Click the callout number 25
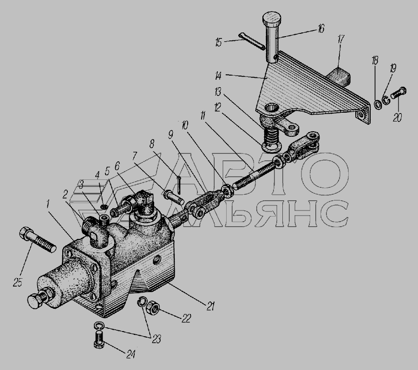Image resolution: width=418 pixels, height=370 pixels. [17, 283]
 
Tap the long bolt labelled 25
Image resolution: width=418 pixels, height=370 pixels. [38, 240]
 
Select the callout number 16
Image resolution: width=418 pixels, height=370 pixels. [320, 28]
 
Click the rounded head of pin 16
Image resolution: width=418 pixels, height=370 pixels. [272, 18]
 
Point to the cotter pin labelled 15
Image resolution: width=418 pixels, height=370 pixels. [252, 41]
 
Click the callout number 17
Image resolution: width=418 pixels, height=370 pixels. [341, 39]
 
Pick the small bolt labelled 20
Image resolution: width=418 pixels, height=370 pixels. [398, 94]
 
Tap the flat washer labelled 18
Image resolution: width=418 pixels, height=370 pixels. [378, 105]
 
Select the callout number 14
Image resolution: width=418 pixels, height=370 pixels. [218, 76]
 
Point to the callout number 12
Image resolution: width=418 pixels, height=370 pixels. [217, 107]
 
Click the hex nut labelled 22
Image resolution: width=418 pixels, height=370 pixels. [153, 307]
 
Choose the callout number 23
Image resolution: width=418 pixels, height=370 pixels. [156, 339]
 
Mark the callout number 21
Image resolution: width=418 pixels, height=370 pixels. [210, 306]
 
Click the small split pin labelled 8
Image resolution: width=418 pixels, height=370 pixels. [179, 185]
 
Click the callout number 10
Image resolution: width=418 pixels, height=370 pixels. [185, 125]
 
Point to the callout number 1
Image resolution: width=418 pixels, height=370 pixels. [47, 204]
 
